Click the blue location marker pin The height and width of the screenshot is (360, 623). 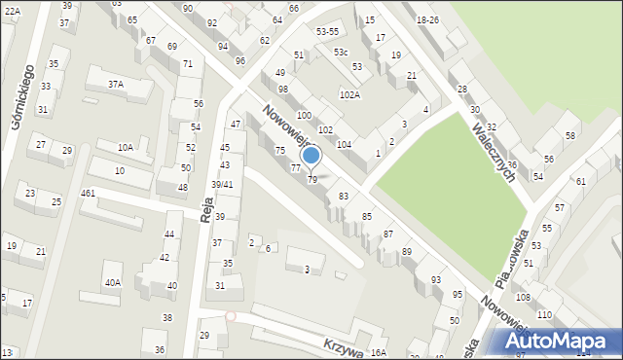[311, 156]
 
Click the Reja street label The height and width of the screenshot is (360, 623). [207, 208]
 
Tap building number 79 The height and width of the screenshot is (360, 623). [312, 180]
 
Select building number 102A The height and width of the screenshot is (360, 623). [349, 95]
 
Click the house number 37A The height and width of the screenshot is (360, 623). [116, 85]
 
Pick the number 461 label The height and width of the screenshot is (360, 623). [88, 194]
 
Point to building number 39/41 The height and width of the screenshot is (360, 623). [223, 185]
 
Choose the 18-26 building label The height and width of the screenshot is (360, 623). [427, 20]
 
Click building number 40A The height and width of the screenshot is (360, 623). [113, 282]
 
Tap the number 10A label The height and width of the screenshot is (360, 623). [126, 147]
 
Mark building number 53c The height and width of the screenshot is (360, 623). [340, 52]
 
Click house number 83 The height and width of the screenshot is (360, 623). [343, 197]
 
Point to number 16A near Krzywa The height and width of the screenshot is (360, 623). [379, 352]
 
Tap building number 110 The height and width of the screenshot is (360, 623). [544, 315]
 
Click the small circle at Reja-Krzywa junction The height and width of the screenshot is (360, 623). [231, 316]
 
